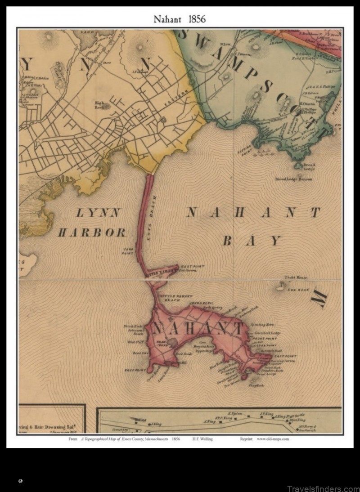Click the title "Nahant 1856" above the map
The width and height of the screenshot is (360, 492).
(x=180, y=19)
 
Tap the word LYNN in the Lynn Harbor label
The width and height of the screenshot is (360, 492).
(x=98, y=213)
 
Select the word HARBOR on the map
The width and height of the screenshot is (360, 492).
(x=92, y=233)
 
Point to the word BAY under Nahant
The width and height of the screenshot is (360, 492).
(x=252, y=241)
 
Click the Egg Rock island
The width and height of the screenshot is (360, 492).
(x=282, y=286)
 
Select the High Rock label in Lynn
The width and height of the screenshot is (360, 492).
(x=99, y=105)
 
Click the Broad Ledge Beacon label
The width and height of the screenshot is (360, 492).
(x=293, y=179)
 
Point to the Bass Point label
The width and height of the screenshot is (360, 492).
(x=134, y=370)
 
